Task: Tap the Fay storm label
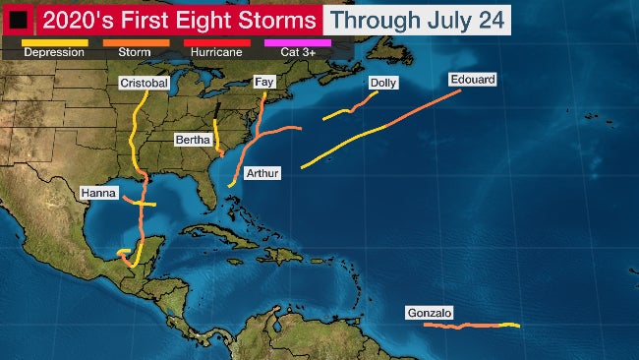click(x=263, y=83)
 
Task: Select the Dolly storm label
click(x=382, y=84)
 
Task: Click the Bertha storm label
click(x=193, y=141)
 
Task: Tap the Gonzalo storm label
click(x=430, y=314)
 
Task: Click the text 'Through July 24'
click(x=418, y=20)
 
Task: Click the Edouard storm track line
click(x=383, y=128)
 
